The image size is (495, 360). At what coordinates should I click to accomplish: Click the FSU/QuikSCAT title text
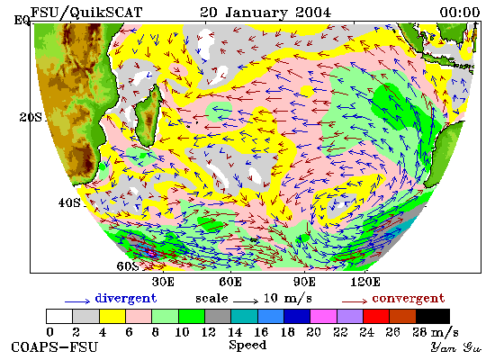point(86,13)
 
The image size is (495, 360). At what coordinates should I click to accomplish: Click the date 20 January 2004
point(265,13)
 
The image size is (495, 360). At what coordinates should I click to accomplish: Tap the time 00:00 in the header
point(460,13)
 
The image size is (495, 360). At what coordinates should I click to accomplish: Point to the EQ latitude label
point(22,21)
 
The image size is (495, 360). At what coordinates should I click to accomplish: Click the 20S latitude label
point(31,118)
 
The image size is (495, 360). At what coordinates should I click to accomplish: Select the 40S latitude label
point(69,202)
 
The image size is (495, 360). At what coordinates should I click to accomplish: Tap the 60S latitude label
point(128,266)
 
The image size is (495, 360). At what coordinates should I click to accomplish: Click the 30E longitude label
point(163,282)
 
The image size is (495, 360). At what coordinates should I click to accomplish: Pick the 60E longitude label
point(230,282)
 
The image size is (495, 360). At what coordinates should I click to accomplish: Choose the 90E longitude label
point(304,282)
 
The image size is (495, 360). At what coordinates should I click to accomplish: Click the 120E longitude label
point(365,282)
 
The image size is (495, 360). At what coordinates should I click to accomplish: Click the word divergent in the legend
point(126,299)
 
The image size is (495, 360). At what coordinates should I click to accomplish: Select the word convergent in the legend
point(409,299)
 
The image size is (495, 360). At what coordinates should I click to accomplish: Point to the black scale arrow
point(246,301)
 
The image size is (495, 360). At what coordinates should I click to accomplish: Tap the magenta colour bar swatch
point(323,316)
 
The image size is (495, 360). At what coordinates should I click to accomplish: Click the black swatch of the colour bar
point(433,316)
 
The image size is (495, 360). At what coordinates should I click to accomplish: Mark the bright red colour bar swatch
point(376,316)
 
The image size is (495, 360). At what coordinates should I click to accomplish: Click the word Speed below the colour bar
point(247,346)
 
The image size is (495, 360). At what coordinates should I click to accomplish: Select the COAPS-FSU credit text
point(54,347)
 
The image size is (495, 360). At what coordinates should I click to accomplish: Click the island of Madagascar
point(148,115)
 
